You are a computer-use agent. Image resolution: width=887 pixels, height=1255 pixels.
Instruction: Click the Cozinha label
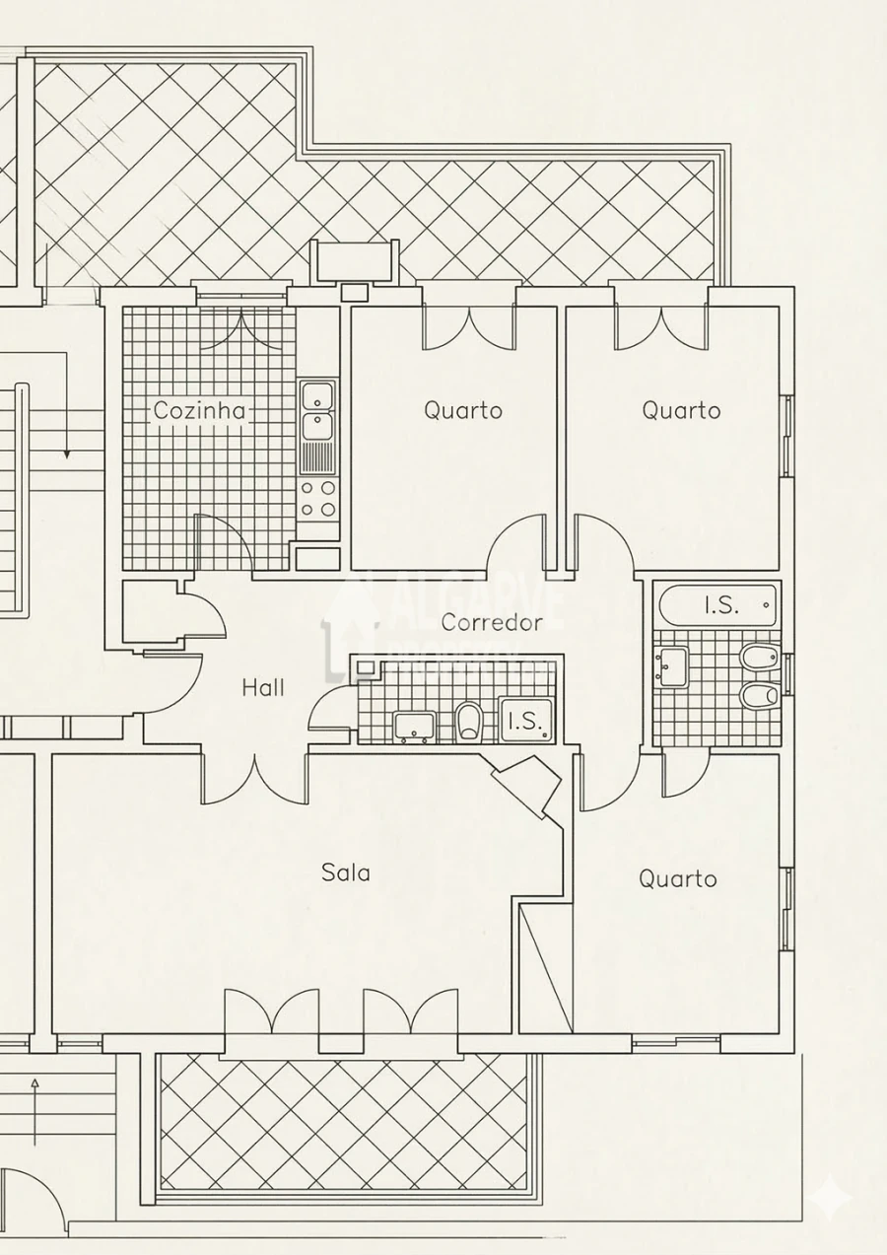[199, 410]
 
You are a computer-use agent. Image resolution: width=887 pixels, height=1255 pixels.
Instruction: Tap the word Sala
[346, 872]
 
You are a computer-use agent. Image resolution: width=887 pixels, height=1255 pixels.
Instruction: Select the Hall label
[263, 687]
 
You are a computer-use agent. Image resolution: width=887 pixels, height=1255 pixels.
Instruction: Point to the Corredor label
[492, 622]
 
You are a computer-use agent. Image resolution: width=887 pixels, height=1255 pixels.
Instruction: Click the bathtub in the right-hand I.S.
[717, 604]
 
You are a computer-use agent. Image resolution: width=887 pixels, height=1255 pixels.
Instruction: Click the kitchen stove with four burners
[318, 499]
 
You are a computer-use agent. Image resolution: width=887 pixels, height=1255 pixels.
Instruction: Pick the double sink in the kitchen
[318, 411]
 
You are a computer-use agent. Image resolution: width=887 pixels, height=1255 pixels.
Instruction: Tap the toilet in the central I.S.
[470, 722]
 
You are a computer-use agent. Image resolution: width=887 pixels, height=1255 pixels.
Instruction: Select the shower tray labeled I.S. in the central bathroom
[525, 720]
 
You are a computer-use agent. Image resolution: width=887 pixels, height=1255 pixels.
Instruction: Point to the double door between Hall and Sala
[254, 779]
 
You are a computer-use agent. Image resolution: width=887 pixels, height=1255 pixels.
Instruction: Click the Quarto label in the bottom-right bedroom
[677, 878]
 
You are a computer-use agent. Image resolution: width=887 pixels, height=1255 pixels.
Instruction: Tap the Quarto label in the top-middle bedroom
[463, 410]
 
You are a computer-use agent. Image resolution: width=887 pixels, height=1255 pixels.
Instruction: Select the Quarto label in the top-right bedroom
[681, 410]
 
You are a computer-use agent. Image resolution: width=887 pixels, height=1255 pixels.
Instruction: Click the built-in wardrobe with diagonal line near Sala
[545, 966]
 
